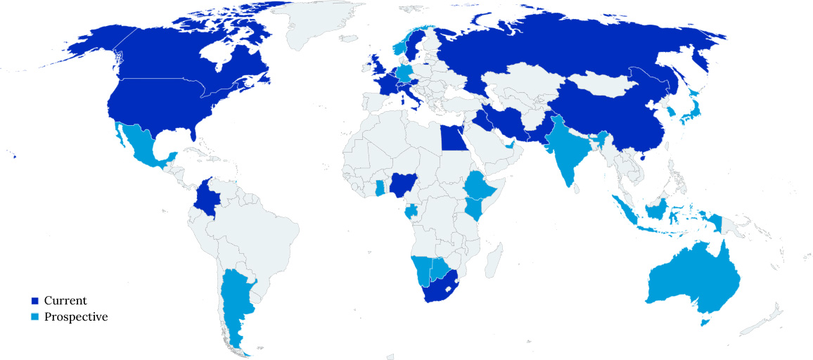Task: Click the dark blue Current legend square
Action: point(34,301)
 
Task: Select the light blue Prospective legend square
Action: point(34,317)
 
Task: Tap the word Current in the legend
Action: point(65,301)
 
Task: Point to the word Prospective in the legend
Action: point(76,317)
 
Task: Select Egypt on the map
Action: point(454,139)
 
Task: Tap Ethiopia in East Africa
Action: point(481,186)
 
